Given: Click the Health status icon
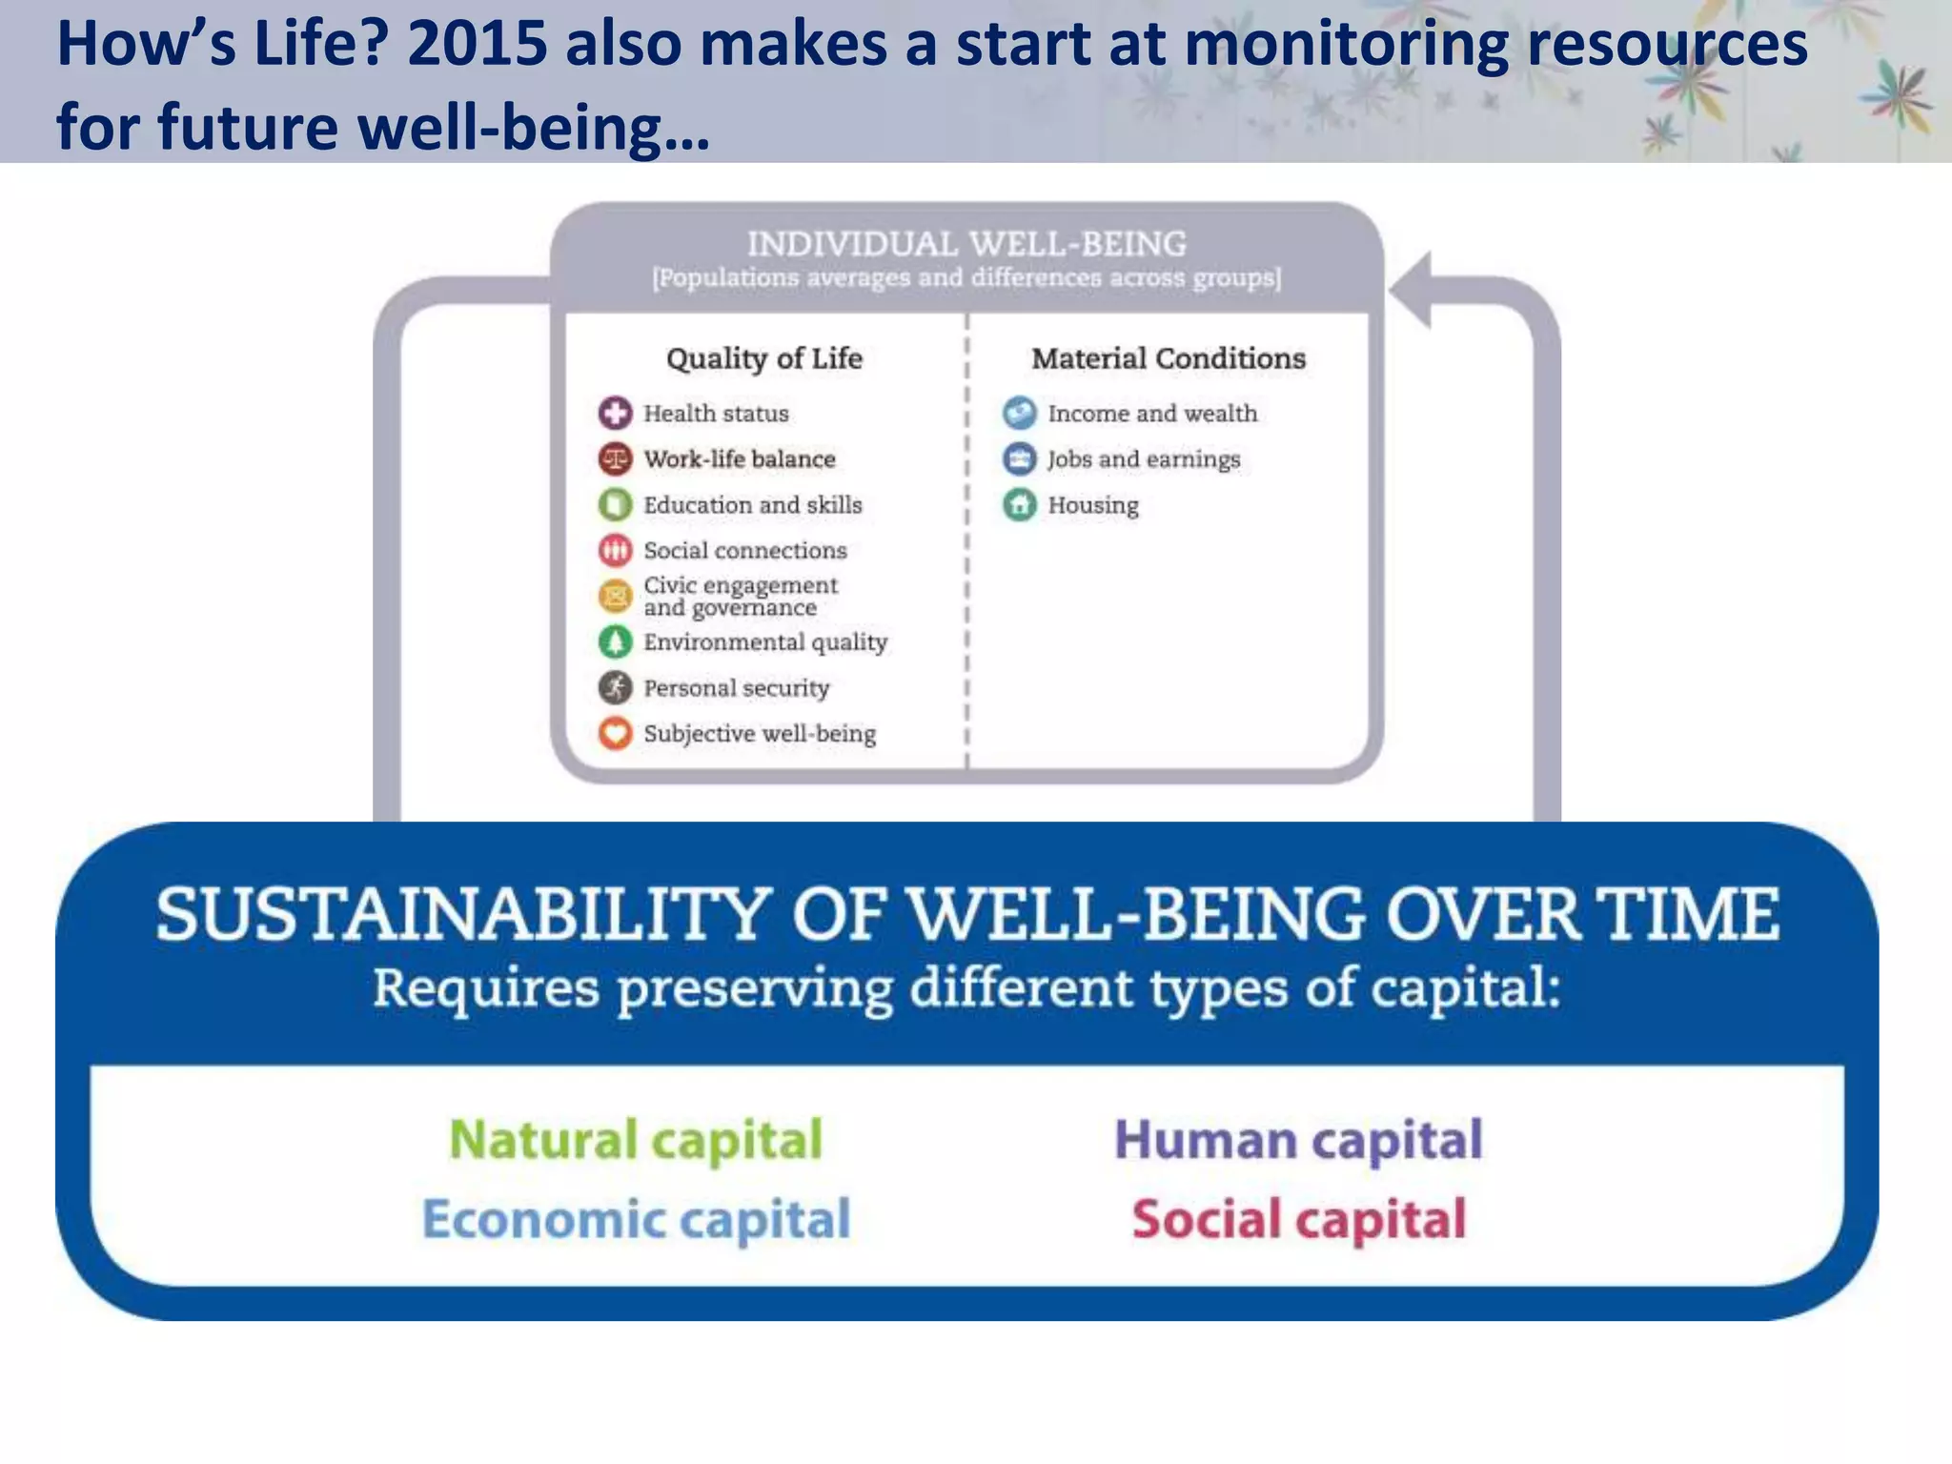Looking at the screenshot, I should (x=615, y=413).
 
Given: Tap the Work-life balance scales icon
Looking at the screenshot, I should (x=615, y=458).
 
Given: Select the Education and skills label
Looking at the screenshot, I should (x=752, y=504).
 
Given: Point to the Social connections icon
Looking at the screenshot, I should (x=615, y=550).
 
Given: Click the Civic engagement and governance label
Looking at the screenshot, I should (x=740, y=596).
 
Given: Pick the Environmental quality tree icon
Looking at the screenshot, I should (x=615, y=641).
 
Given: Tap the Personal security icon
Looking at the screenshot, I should (x=615, y=687).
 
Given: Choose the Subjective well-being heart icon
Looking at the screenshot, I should (x=615, y=733).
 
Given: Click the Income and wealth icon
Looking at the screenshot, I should (x=1019, y=413).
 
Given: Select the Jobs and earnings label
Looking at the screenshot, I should (x=1143, y=459).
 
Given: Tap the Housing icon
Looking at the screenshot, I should (x=1019, y=504).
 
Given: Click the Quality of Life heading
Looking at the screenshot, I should (x=763, y=358).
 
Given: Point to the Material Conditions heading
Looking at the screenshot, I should (x=1168, y=358).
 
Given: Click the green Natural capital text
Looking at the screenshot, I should (x=635, y=1140).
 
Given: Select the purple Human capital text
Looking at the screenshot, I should (x=1298, y=1140).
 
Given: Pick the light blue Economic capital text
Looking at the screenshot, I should (x=635, y=1220).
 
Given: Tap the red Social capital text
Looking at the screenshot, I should (x=1298, y=1220).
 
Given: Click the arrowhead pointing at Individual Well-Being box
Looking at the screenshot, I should (x=1412, y=290).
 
